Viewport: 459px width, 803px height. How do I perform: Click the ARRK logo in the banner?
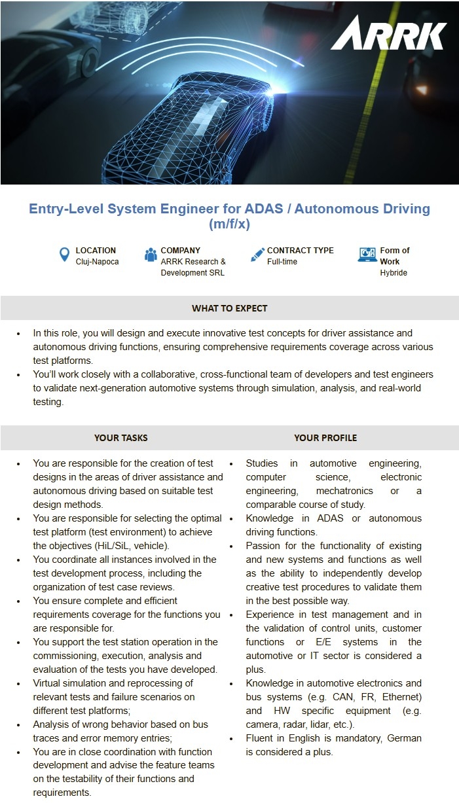point(388,33)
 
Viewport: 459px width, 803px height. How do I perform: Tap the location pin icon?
point(64,255)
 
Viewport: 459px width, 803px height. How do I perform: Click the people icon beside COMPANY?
point(151,255)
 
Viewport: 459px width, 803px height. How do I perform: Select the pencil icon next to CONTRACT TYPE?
point(257,255)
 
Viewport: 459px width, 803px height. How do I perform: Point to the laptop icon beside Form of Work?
point(367,255)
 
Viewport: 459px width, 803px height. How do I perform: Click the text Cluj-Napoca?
point(97,262)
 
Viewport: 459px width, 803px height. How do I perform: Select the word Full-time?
point(282,262)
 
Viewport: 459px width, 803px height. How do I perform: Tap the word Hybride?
point(394,273)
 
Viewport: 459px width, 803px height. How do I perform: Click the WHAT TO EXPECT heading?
point(229,308)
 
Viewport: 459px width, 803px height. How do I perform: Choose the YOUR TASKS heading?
point(120,438)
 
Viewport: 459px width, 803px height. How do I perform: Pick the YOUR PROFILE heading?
point(325,438)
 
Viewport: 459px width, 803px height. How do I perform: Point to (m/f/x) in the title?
point(229,224)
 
